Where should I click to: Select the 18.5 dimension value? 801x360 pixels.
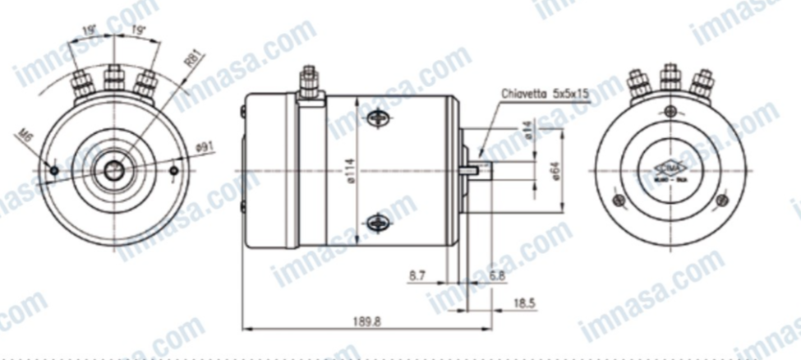[522, 303]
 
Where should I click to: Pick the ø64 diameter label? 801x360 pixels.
[556, 170]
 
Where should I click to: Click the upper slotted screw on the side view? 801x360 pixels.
[378, 119]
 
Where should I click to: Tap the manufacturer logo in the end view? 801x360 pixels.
[670, 168]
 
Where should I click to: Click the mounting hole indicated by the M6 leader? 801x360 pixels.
[54, 171]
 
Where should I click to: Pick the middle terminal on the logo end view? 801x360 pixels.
[670, 79]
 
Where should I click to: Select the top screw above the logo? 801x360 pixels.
[670, 112]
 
